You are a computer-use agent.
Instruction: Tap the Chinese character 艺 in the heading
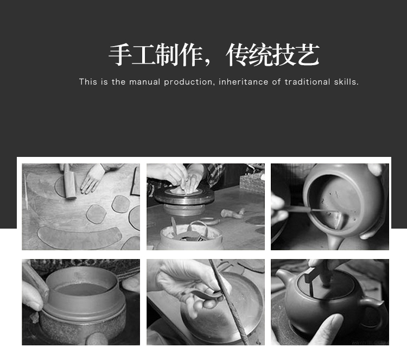click(308, 55)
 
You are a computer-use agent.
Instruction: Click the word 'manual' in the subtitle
click(144, 82)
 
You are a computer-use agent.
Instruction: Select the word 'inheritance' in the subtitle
click(243, 82)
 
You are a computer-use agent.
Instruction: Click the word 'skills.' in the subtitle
click(346, 82)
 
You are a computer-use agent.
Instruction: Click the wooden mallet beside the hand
click(69, 182)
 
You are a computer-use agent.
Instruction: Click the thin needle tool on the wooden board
click(26, 192)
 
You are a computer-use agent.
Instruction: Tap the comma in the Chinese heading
click(207, 62)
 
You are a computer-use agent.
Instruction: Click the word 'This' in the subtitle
click(88, 82)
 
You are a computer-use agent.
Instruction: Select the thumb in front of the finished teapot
click(328, 329)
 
